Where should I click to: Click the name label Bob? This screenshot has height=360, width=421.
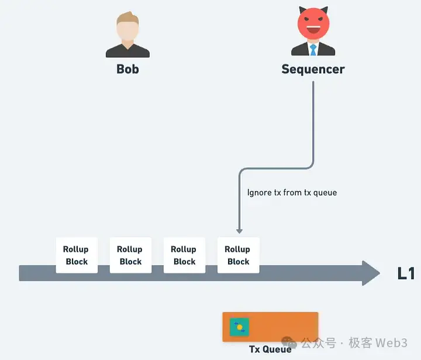pos(127,69)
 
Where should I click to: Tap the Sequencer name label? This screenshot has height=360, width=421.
pos(313,69)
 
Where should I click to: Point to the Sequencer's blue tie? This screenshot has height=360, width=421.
pos(313,50)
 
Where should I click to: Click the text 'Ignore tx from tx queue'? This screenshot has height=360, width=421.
pos(292,192)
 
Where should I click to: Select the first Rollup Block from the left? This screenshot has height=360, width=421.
pos(76,255)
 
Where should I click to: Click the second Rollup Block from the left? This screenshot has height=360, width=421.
pos(130,255)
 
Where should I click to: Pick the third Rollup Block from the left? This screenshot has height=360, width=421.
pos(184,255)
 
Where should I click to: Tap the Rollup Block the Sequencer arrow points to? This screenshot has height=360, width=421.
pos(238,255)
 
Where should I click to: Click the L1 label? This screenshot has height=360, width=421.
pos(406,273)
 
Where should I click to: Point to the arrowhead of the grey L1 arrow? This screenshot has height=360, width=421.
pos(371,273)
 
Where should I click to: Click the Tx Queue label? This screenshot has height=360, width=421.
pos(270,349)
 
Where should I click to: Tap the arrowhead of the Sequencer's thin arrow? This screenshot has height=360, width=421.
pos(239,231)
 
